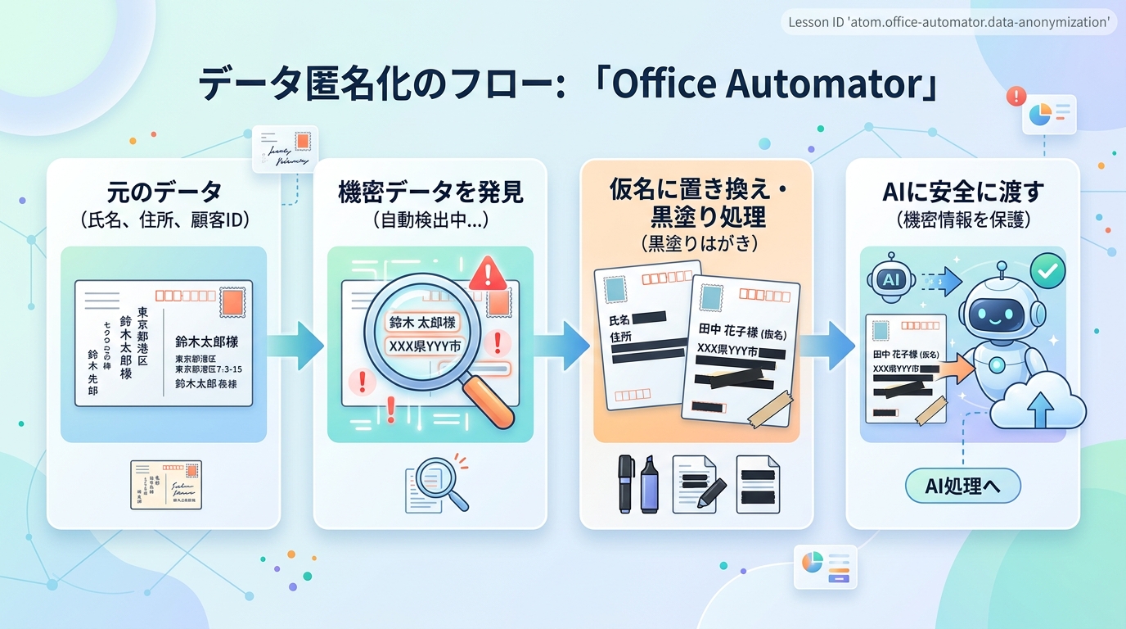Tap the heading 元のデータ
coord(164,193)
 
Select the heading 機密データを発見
coord(430,193)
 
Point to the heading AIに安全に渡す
coord(962,193)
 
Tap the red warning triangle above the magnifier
coord(489,271)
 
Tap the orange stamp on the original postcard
coord(232,305)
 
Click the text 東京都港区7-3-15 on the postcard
coord(209,369)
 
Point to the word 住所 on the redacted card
coord(622,337)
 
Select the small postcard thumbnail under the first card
coord(166,484)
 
